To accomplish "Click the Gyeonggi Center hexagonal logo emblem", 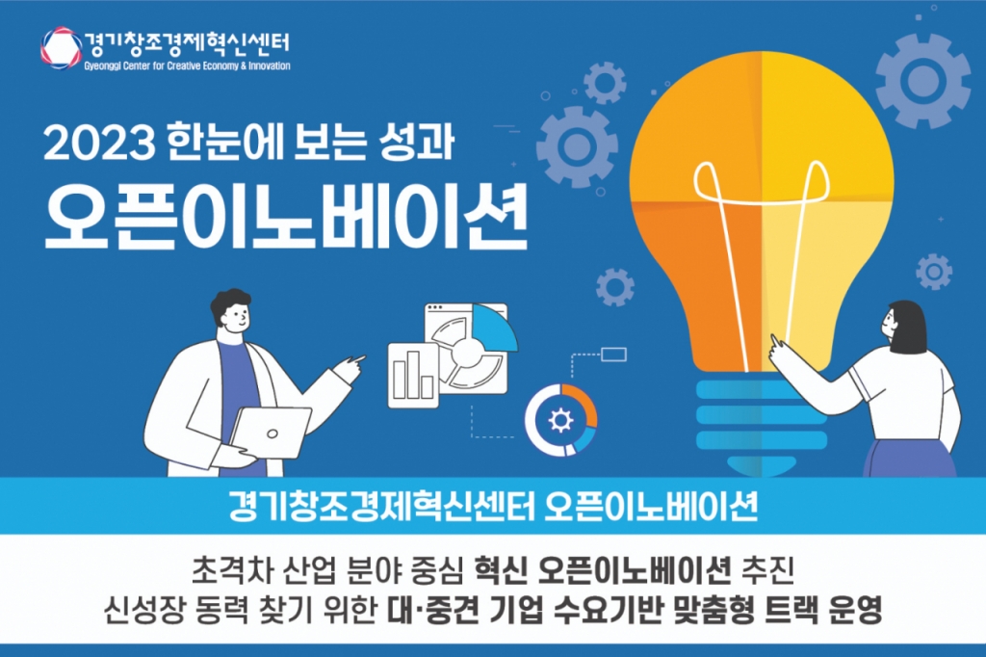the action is coord(61,48).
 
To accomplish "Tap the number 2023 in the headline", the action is coord(99,144).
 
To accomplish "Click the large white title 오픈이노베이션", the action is coord(286,217).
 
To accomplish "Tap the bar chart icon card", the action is coord(413,375).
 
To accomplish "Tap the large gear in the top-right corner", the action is coord(922,80).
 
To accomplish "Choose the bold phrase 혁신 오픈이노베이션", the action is coord(603,570).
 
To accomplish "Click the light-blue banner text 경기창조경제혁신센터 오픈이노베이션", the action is coord(493,506).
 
